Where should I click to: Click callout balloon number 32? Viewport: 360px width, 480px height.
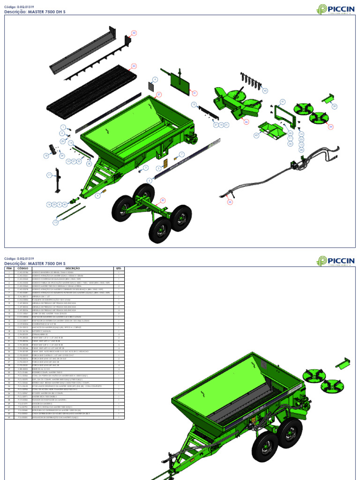[x=134, y=33]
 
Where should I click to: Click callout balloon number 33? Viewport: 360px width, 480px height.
[x=134, y=66]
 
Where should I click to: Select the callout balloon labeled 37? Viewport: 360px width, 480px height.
[x=158, y=94]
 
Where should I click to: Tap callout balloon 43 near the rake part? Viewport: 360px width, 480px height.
[x=265, y=90]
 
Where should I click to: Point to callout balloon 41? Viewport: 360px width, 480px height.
[x=282, y=101]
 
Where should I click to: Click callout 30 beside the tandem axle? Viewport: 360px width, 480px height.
[x=163, y=200]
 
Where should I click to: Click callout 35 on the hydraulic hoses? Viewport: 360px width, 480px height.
[x=230, y=202]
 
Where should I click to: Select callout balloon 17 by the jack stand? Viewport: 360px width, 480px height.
[x=48, y=175]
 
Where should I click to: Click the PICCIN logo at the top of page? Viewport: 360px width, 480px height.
[x=335, y=9]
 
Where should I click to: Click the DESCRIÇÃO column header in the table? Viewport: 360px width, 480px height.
[x=75, y=269]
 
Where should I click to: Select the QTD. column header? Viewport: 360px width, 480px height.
[x=119, y=269]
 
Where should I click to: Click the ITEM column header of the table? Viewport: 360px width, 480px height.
[x=9, y=269]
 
